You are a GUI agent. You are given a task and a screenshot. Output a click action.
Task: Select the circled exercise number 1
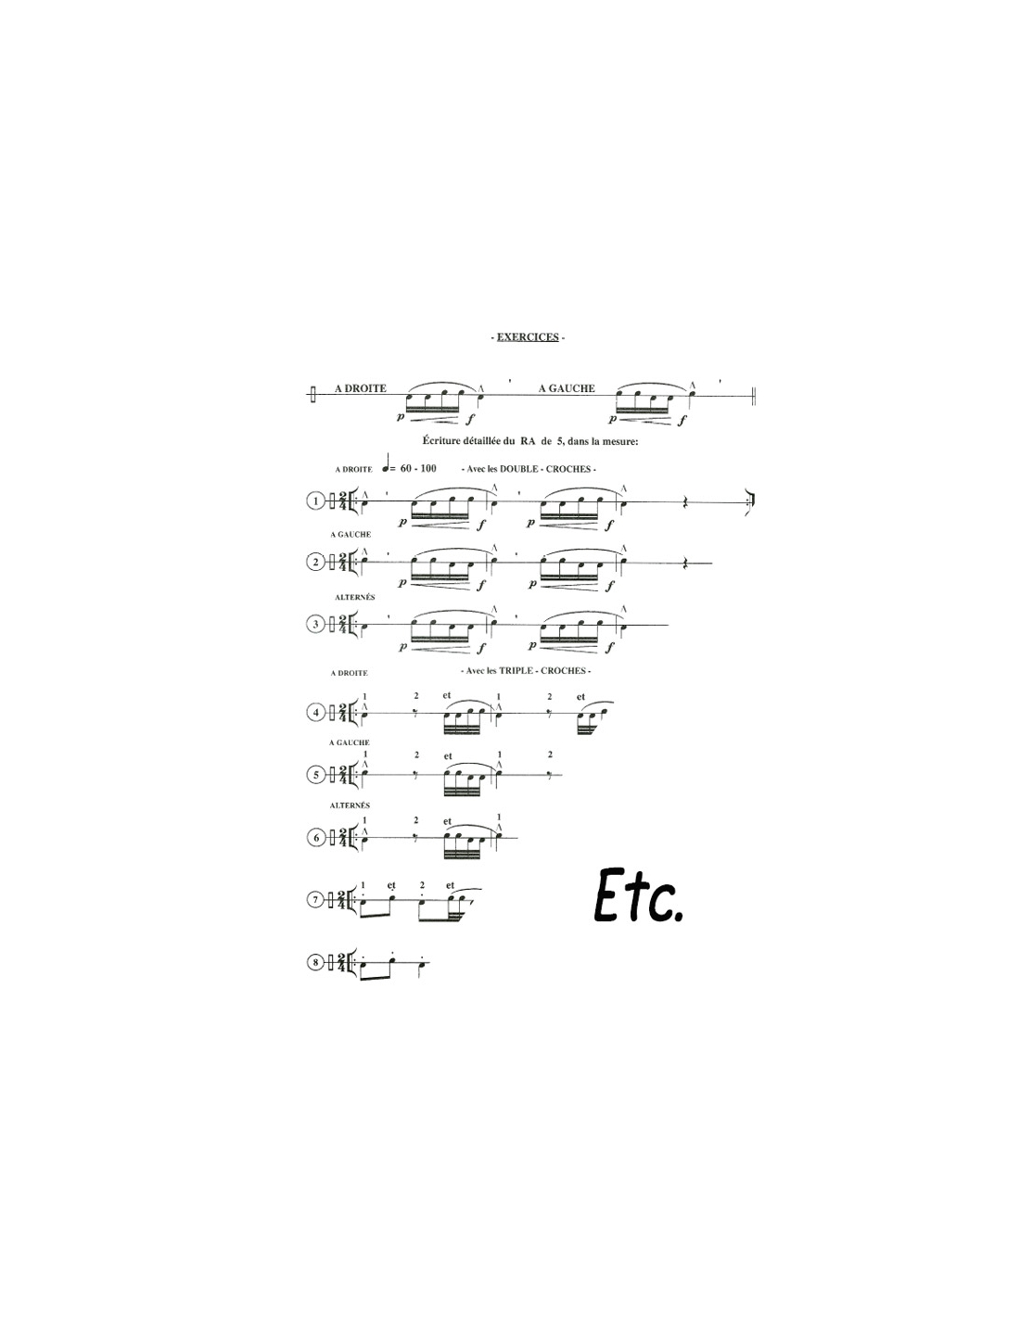(315, 501)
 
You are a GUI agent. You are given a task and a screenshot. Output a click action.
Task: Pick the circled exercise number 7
(315, 899)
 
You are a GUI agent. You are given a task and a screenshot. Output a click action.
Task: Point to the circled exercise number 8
(315, 963)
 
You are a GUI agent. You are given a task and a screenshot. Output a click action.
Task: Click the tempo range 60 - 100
(418, 468)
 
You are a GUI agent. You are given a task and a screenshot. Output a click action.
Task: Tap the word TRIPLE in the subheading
(516, 670)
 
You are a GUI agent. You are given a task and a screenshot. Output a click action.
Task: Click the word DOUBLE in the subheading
(518, 469)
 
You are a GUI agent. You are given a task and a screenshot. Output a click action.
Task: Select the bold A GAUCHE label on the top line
(567, 388)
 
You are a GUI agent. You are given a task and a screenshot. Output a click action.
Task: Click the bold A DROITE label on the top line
(361, 388)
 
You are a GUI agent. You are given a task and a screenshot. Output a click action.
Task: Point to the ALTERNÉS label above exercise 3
(355, 598)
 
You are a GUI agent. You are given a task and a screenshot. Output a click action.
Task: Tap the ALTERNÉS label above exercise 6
(350, 805)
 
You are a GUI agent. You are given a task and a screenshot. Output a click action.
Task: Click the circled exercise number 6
(315, 838)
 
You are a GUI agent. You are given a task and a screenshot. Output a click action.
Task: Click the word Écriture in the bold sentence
(441, 441)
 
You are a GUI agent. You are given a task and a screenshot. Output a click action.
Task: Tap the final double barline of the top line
(754, 396)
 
